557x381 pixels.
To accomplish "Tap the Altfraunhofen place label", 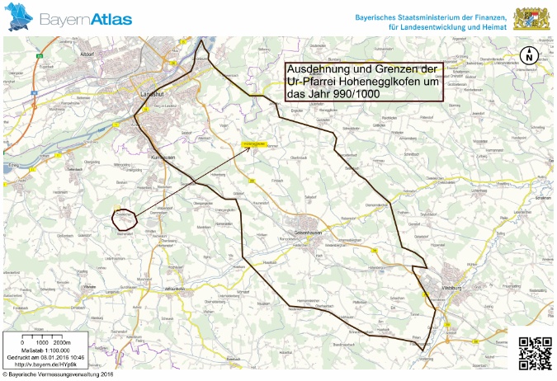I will tap(178, 289).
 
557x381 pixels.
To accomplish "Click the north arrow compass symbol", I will tap(528, 56).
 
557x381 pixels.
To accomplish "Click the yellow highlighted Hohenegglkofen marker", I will tap(253, 143).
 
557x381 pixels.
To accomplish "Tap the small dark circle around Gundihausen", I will tap(123, 218).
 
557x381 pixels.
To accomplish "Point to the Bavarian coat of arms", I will tap(529, 18).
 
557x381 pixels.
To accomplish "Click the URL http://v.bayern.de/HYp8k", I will tap(42, 364).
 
